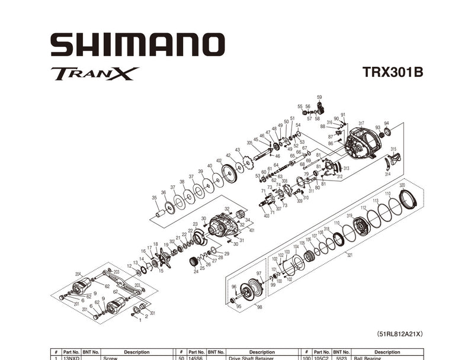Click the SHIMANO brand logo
pyautogui.click(x=137, y=45)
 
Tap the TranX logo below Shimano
pyautogui.click(x=95, y=73)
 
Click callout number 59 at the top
pyautogui.click(x=319, y=97)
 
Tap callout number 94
pyautogui.click(x=386, y=124)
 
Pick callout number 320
pyautogui.click(x=402, y=185)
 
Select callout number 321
pyautogui.click(x=349, y=255)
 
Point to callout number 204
pyautogui.click(x=78, y=274)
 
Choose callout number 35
pyautogui.click(x=155, y=198)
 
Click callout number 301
pyautogui.click(x=152, y=313)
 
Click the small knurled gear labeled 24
pyautogui.click(x=193, y=262)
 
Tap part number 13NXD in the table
pyautogui.click(x=71, y=358)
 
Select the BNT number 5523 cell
pyautogui.click(x=340, y=358)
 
